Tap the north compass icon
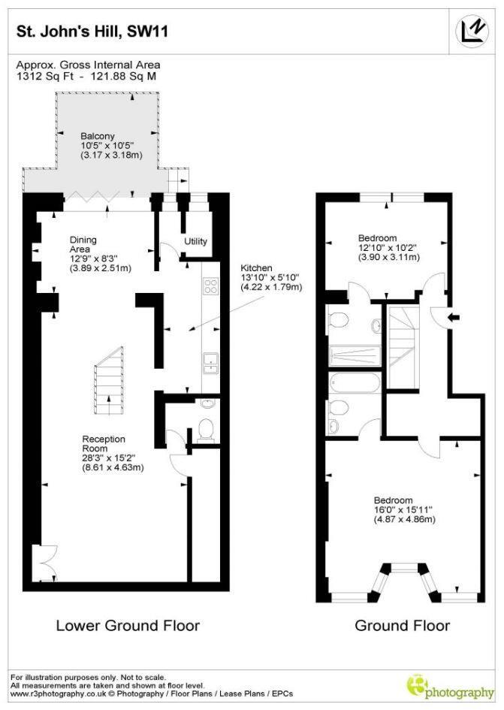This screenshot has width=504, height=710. pyautogui.click(x=472, y=30)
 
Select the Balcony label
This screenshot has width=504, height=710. pyautogui.click(x=99, y=137)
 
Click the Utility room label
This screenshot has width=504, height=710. pyautogui.click(x=196, y=242)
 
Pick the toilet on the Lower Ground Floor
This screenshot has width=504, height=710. pyautogui.click(x=206, y=429)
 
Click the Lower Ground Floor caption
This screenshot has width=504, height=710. pyautogui.click(x=128, y=625)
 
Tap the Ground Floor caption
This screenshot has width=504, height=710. pyautogui.click(x=402, y=625)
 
